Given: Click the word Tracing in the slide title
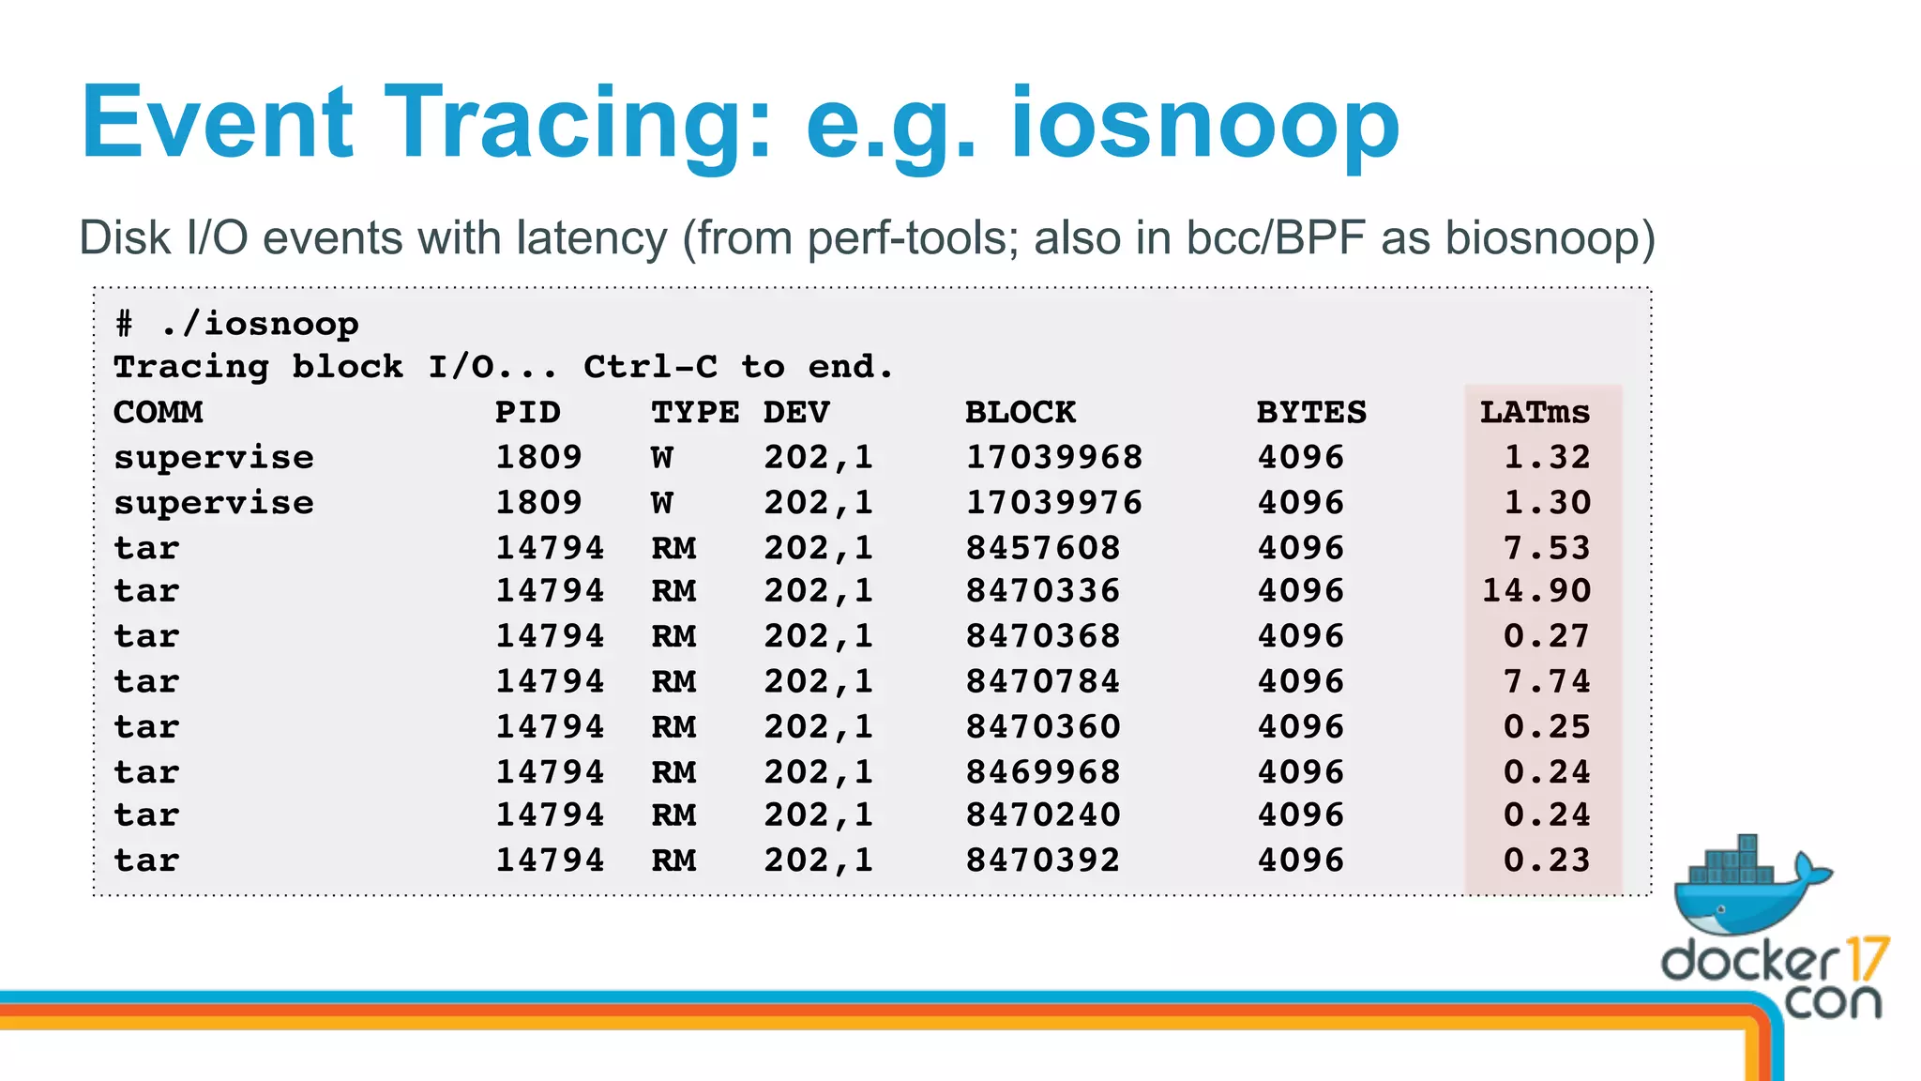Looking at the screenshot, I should pyautogui.click(x=578, y=124).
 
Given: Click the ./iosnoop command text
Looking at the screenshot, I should pyautogui.click(x=260, y=324).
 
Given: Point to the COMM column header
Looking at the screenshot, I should pyautogui.click(x=158, y=412).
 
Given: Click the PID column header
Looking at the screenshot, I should pyautogui.click(x=527, y=412).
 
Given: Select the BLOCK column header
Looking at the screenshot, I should pyautogui.click(x=1021, y=412).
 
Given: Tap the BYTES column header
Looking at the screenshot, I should pyautogui.click(x=1311, y=412).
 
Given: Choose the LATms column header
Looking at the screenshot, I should pyautogui.click(x=1535, y=412).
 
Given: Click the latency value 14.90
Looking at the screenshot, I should pyautogui.click(x=1536, y=590).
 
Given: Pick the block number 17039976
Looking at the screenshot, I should pyautogui.click(x=1053, y=502).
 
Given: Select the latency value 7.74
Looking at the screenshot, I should pyautogui.click(x=1547, y=680).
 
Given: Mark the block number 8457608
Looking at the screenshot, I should pyautogui.click(x=1043, y=547).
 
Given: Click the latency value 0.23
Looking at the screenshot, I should pyautogui.click(x=1547, y=860).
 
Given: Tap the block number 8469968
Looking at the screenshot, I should pyautogui.click(x=1043, y=771).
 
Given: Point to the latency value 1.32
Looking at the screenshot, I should pyautogui.click(x=1547, y=457).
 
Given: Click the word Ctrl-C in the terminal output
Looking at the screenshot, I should pyautogui.click(x=650, y=367).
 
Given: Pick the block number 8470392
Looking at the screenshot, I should pyautogui.click(x=1043, y=860).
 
